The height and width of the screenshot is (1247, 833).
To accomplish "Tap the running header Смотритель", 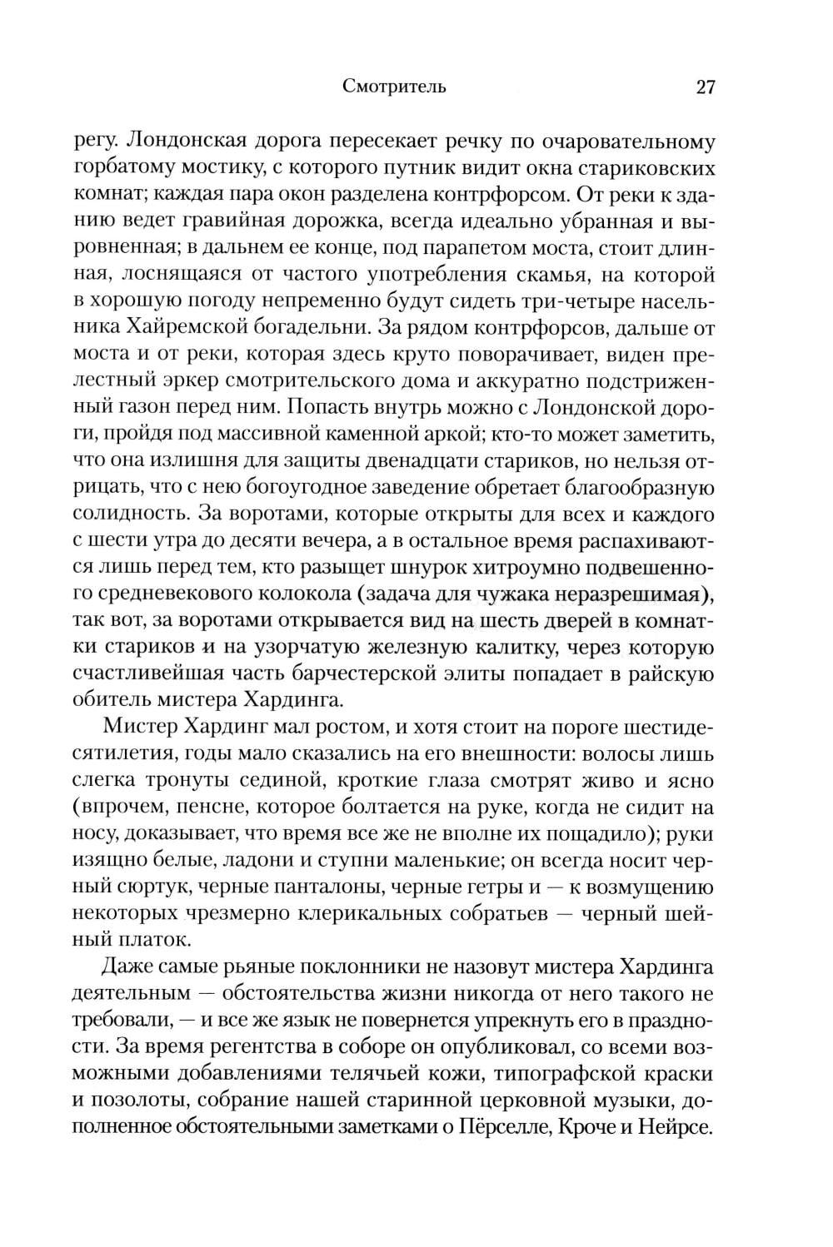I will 394,87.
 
